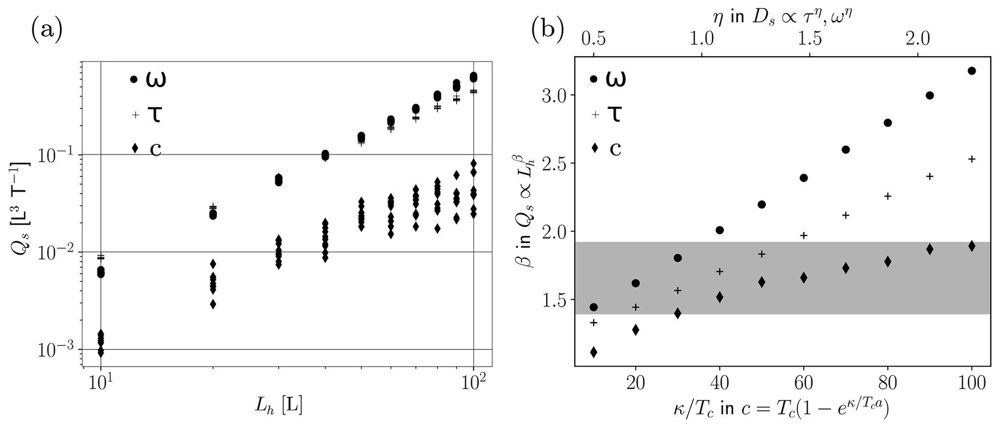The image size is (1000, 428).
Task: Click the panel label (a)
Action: (x=47, y=31)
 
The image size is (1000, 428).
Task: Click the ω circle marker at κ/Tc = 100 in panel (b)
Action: (x=968, y=71)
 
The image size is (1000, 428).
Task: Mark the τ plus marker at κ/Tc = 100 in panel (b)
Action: (x=968, y=159)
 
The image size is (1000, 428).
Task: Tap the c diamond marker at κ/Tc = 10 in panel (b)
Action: (x=594, y=352)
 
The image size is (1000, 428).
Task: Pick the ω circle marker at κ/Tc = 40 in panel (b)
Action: (x=719, y=230)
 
